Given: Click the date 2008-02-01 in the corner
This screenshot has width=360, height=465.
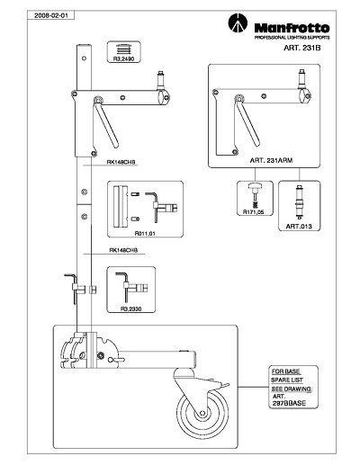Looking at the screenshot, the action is tap(50, 15).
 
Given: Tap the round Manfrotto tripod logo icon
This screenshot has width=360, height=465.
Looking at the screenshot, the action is tap(238, 23).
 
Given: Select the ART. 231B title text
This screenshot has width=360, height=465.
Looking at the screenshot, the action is tap(302, 48).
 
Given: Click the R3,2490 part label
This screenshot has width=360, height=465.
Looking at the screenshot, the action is tap(123, 59).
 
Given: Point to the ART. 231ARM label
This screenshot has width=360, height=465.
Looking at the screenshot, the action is tap(271, 160).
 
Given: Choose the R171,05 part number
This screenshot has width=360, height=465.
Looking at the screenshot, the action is tap(254, 212).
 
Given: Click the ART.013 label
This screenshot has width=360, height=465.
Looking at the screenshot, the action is tap(299, 227).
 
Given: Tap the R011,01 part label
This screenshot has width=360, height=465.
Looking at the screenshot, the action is tap(145, 233).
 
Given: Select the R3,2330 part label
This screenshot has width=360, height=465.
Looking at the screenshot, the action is tap(130, 309).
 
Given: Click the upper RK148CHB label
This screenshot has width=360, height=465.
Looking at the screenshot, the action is tap(121, 162).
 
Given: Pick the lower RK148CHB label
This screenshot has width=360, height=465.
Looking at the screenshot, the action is tap(123, 250).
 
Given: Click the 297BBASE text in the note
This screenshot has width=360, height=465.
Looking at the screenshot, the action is tap(289, 403).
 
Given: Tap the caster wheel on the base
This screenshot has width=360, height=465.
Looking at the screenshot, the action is tap(202, 413).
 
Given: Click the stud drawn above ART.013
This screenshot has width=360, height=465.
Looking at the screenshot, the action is tap(299, 201).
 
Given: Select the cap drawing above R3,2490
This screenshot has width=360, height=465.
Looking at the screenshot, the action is tap(123, 49).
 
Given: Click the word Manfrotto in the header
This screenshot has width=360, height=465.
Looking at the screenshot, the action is tap(292, 28).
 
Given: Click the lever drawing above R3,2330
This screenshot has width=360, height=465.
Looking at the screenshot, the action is tap(131, 286).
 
